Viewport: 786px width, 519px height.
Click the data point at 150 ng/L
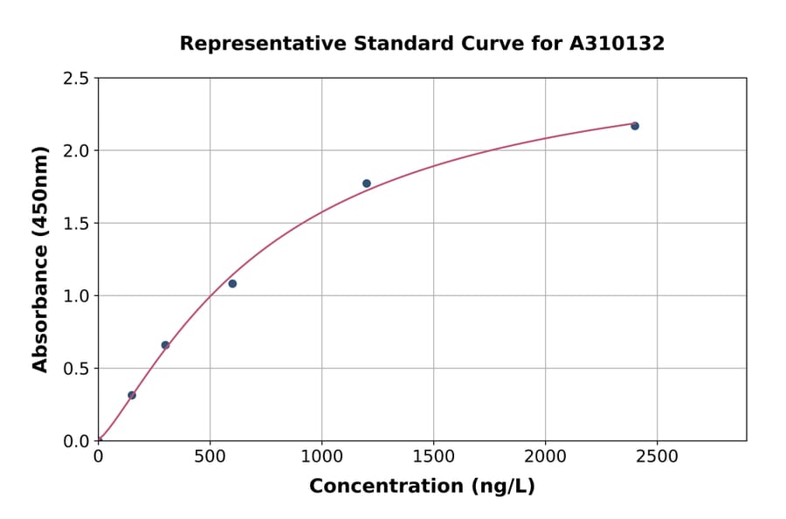click(x=132, y=395)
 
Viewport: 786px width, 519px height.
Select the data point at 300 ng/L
click(x=165, y=345)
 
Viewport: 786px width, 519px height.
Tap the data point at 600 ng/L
click(x=232, y=283)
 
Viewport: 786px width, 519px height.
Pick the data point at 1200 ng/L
click(x=367, y=183)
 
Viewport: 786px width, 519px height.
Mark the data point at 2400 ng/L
click(x=635, y=126)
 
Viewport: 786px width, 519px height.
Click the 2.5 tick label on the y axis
click(x=76, y=79)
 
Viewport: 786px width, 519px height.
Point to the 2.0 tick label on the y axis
click(x=76, y=151)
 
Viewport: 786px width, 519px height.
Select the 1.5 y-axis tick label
click(x=76, y=224)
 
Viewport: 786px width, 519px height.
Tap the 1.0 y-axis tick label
click(x=76, y=296)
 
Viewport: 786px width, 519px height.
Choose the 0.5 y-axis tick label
click(x=76, y=369)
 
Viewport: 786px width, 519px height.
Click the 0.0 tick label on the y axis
click(x=76, y=441)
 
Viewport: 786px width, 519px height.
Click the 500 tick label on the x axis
click(x=210, y=456)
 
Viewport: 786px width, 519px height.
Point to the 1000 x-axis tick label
click(x=321, y=456)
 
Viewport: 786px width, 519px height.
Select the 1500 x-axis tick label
click(x=433, y=456)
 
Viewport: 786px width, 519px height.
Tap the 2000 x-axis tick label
click(x=545, y=456)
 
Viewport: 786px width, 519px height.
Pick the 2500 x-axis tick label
click(x=657, y=456)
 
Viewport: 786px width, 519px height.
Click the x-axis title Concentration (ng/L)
click(x=422, y=486)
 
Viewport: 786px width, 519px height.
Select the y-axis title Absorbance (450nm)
click(x=40, y=259)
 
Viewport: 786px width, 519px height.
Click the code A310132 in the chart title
click(x=617, y=43)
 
